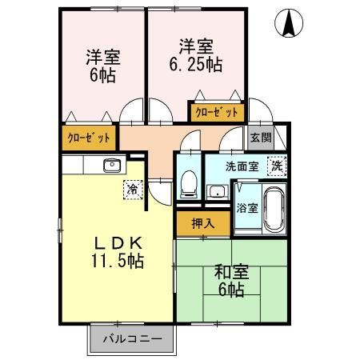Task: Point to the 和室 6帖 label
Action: pyautogui.click(x=230, y=280)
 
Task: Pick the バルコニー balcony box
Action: pyautogui.click(x=132, y=339)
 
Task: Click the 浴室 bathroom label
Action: pyautogui.click(x=246, y=208)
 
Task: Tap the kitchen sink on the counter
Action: pyautogui.click(x=111, y=166)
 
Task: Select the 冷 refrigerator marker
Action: pyautogui.click(x=130, y=190)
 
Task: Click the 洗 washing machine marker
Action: pyautogui.click(x=275, y=167)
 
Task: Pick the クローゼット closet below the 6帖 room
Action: pyautogui.click(x=90, y=138)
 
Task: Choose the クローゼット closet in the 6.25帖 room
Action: pyautogui.click(x=215, y=111)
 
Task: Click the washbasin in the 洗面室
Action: pyautogui.click(x=216, y=190)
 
